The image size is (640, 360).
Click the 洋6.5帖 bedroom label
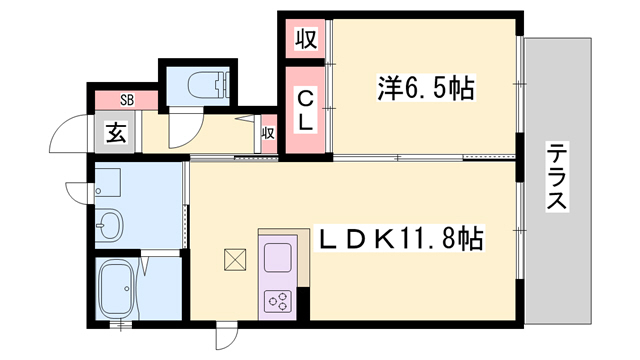click(x=426, y=88)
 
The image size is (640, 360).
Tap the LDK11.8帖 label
click(x=401, y=238)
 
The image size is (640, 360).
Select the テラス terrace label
click(x=557, y=176)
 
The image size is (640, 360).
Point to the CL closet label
click(x=305, y=110)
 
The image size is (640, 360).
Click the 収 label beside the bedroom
click(x=306, y=39)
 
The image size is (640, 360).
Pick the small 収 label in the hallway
click(x=268, y=133)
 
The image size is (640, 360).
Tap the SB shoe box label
click(x=127, y=100)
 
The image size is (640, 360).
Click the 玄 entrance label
click(x=116, y=133)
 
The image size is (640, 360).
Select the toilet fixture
click(x=208, y=85)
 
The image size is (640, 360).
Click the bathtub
click(x=118, y=289)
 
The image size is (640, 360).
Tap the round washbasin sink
click(x=109, y=224)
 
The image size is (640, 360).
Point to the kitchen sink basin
click(x=278, y=257)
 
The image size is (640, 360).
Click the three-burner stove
click(x=278, y=301)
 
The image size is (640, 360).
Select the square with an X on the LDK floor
click(x=235, y=260)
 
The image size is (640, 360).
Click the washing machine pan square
click(x=108, y=182)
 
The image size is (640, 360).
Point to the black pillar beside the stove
click(x=303, y=303)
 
